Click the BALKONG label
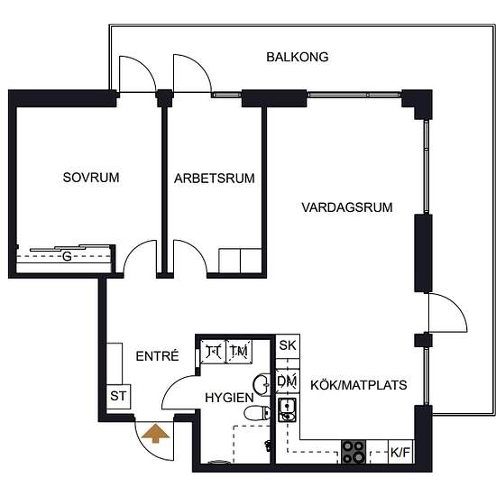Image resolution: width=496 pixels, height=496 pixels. (x=298, y=57)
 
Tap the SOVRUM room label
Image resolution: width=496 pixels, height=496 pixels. (x=91, y=178)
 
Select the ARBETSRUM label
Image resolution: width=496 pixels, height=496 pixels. (x=214, y=179)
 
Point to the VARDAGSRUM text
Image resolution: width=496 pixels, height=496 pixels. (x=347, y=207)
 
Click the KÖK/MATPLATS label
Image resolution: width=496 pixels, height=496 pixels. (x=359, y=385)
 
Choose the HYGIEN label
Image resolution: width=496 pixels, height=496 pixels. (x=229, y=398)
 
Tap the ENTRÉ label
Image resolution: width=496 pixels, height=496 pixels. (x=157, y=356)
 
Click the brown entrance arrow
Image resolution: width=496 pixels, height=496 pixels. (x=155, y=434)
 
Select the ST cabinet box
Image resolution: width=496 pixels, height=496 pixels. (x=118, y=397)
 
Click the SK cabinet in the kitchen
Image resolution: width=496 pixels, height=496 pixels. (x=288, y=346)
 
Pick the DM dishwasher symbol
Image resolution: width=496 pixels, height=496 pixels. (x=288, y=381)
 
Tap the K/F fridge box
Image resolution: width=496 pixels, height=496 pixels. (x=400, y=453)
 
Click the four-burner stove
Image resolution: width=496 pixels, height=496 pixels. (x=354, y=452)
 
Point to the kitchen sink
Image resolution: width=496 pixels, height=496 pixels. (x=287, y=409)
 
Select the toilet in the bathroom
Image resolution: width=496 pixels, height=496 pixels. (x=257, y=413)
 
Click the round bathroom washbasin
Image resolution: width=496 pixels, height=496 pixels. (x=262, y=385)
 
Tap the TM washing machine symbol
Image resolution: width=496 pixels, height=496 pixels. (x=239, y=352)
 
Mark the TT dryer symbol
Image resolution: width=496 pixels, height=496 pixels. (x=213, y=352)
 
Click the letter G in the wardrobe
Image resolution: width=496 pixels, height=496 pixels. (x=67, y=256)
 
